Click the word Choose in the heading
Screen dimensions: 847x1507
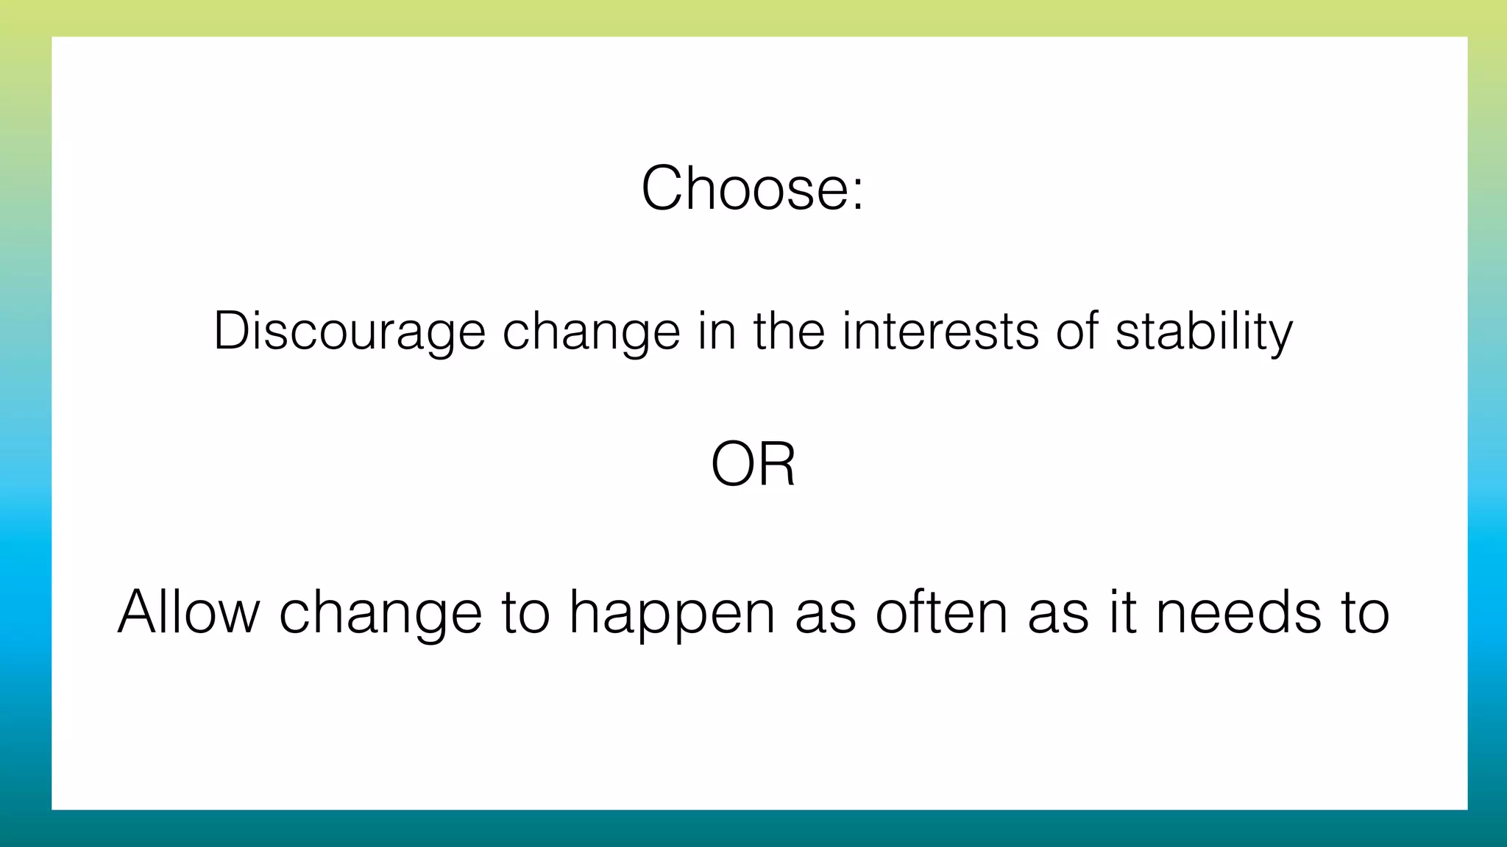click(744, 188)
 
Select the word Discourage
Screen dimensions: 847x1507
click(350, 331)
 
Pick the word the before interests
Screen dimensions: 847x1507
click(788, 331)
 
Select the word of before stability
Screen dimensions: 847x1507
click(1077, 331)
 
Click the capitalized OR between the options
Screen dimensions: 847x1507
click(753, 465)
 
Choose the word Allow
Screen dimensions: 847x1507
click(189, 612)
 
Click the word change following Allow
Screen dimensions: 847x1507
click(380, 613)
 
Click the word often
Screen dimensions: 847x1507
click(941, 612)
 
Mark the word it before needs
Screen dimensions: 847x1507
click(1121, 612)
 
